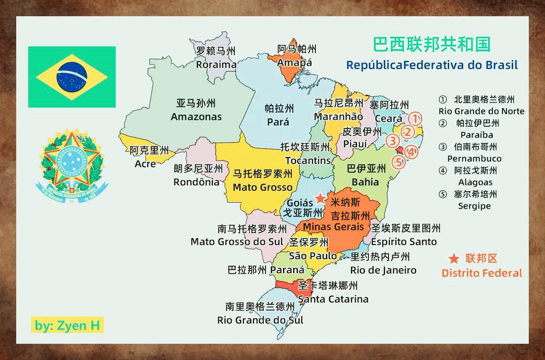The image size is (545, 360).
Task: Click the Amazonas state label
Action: (196, 117)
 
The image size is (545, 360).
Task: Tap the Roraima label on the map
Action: (216, 64)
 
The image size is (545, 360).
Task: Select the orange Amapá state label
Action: (294, 62)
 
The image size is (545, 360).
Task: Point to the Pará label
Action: (278, 122)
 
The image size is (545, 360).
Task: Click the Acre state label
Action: (145, 164)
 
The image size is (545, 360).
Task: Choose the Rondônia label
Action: (196, 182)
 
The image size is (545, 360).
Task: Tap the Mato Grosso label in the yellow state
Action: (262, 187)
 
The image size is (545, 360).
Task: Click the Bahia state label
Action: (365, 182)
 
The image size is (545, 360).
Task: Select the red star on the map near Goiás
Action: (321, 198)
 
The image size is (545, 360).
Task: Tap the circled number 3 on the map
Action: (393, 141)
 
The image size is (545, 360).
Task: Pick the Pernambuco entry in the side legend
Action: (474, 158)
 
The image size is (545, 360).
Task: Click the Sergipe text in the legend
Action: (474, 206)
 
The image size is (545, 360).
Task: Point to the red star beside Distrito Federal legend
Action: (454, 259)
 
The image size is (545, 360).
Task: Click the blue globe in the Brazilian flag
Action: (71, 77)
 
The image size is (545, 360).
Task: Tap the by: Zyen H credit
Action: (67, 325)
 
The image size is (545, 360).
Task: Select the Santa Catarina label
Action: (333, 299)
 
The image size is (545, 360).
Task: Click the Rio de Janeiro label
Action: (383, 270)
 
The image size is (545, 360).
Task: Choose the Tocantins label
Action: (308, 160)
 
